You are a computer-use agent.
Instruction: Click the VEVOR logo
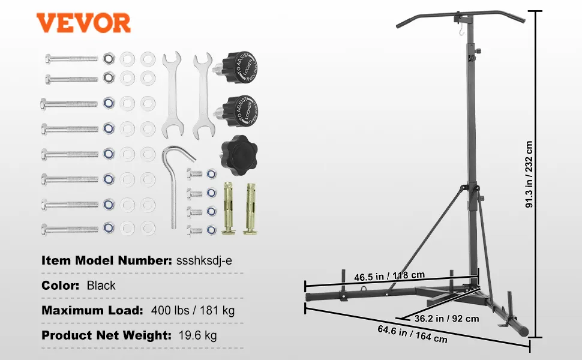(x=83, y=23)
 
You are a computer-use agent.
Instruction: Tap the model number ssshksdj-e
(x=204, y=260)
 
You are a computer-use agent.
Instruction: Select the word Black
(x=101, y=286)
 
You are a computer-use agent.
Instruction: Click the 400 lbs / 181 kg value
(x=193, y=310)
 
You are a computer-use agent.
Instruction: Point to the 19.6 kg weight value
(x=197, y=335)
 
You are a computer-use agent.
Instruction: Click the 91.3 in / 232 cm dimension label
(x=529, y=175)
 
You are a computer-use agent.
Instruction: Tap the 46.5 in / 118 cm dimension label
(x=389, y=276)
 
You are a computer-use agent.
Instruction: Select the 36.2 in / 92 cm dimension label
(x=446, y=319)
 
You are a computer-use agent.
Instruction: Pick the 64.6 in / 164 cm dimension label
(x=412, y=334)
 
